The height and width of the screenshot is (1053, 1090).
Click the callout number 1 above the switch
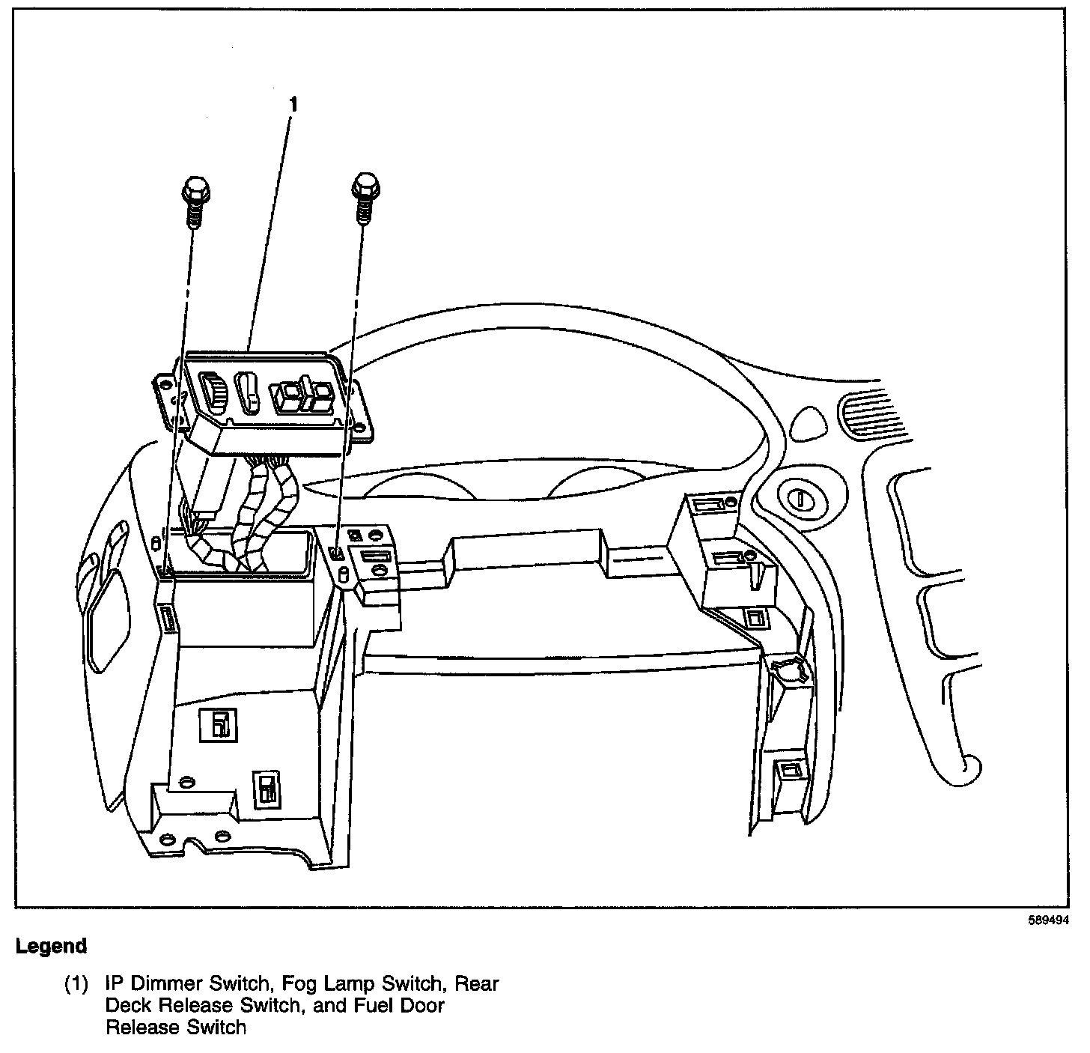tap(293, 105)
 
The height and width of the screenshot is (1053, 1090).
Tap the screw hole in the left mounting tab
tap(161, 387)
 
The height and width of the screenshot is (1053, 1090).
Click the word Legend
tap(51, 947)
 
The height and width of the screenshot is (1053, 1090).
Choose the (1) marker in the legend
tap(76, 983)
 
